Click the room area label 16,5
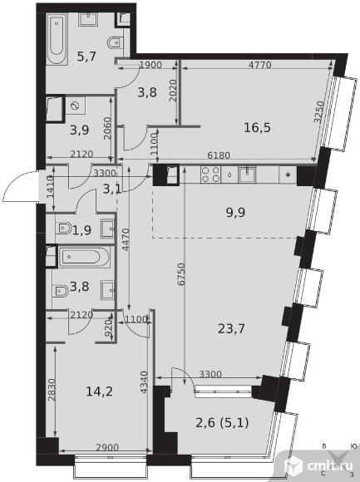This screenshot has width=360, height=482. (x=257, y=127)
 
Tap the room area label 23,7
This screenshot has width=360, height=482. (x=231, y=329)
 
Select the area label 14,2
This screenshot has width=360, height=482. (x=99, y=391)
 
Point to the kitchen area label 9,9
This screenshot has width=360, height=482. (x=235, y=213)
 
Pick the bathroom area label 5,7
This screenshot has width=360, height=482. (x=86, y=57)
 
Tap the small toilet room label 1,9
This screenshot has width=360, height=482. (x=81, y=230)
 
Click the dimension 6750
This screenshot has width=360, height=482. (x=181, y=274)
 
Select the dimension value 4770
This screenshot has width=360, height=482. (x=259, y=65)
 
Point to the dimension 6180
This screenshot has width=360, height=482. (x=219, y=155)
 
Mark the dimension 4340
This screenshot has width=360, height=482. (x=144, y=382)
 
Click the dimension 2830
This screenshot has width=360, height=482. (x=52, y=390)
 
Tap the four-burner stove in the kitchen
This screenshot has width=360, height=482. (x=210, y=175)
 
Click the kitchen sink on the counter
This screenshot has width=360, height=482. (x=247, y=175)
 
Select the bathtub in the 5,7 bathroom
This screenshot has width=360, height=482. (x=57, y=39)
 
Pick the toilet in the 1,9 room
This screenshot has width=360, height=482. (x=64, y=229)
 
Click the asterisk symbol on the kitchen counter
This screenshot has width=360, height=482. (x=288, y=175)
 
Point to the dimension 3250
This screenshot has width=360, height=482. (x=319, y=112)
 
